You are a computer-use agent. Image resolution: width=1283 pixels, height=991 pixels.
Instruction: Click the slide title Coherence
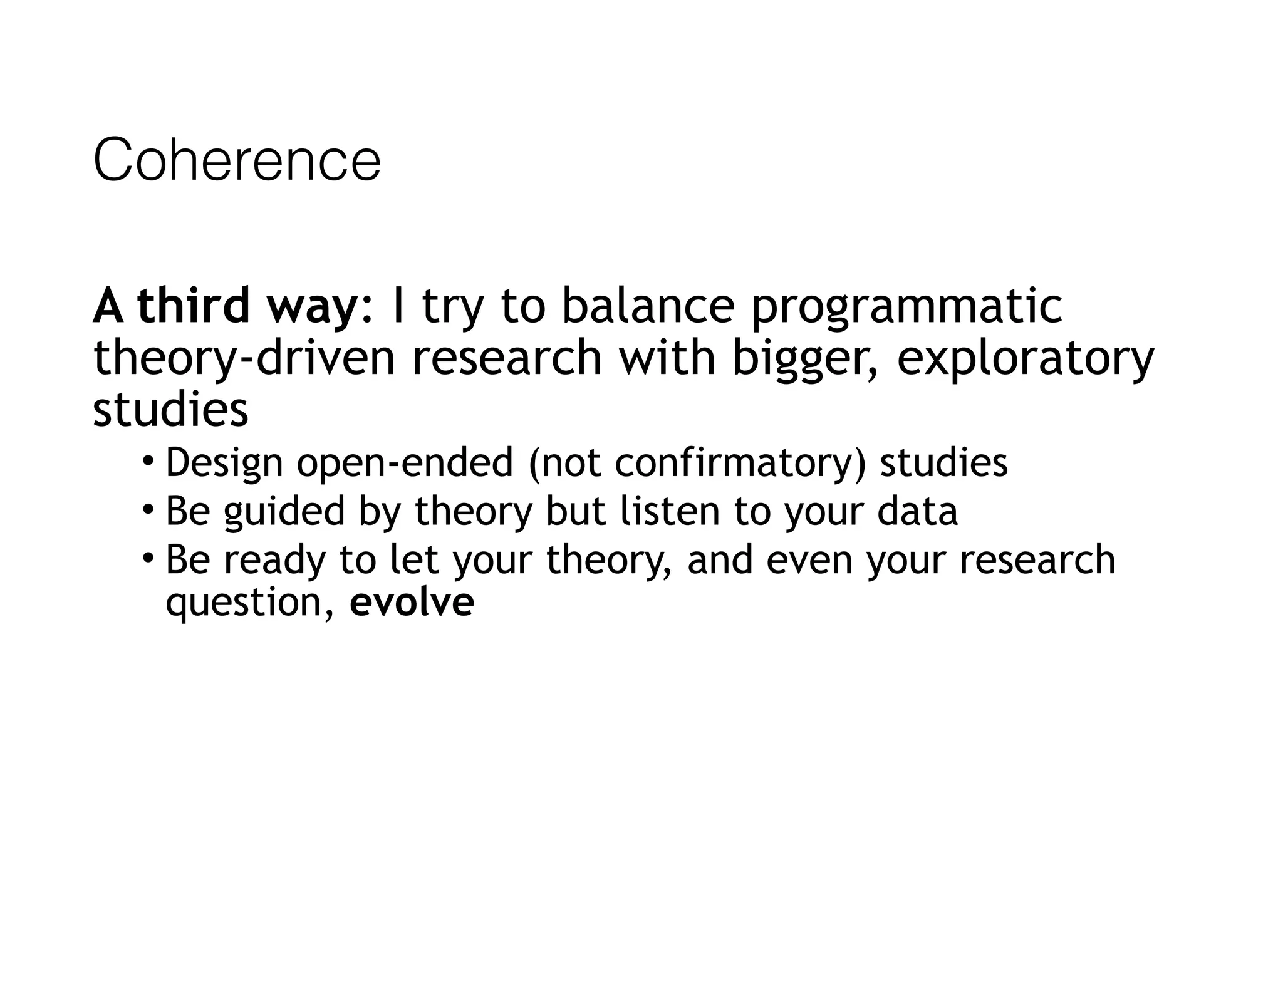coord(237,160)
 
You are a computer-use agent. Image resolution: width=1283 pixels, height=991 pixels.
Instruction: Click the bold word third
coord(193,306)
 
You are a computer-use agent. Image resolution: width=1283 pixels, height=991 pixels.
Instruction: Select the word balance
coord(648,306)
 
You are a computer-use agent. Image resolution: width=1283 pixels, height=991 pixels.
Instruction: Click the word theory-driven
coord(244,358)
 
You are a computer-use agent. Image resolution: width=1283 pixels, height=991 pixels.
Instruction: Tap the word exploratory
coord(1025,360)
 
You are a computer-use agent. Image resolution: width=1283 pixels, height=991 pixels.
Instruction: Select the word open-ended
coord(405,463)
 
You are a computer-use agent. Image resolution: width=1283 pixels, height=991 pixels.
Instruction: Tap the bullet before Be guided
coord(148,509)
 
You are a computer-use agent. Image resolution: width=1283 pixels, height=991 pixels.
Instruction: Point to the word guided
coord(284,511)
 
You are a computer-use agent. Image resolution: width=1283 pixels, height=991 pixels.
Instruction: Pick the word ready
coord(274,560)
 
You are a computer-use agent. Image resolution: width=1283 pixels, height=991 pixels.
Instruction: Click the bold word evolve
coord(412,603)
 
